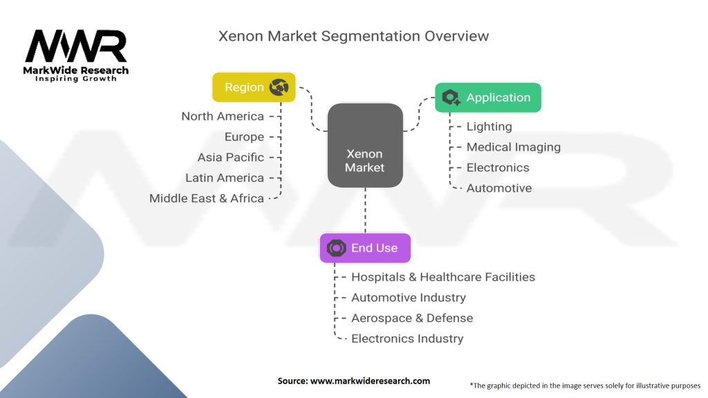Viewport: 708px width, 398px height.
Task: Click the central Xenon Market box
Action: click(x=365, y=145)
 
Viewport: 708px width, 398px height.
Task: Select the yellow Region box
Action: click(x=253, y=87)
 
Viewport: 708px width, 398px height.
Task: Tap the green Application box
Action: click(x=488, y=97)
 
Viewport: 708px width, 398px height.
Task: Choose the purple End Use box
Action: click(x=364, y=248)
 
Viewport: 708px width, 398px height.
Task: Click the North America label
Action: click(x=223, y=116)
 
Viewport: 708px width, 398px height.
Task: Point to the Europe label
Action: click(x=244, y=137)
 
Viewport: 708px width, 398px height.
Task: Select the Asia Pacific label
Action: click(x=231, y=157)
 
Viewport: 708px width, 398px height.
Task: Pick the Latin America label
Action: click(x=225, y=178)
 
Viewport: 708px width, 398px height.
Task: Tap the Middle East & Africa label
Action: click(x=207, y=198)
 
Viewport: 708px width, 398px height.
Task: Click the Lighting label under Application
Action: click(x=489, y=126)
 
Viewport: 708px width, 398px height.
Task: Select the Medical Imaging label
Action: click(x=513, y=146)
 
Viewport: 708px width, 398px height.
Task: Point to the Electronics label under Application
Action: click(x=498, y=167)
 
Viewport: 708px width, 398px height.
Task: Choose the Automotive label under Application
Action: click(x=499, y=188)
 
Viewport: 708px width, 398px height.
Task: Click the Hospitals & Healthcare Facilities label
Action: click(x=443, y=277)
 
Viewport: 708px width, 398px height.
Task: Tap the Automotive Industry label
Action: click(x=409, y=298)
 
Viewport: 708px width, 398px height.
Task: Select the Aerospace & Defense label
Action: click(x=412, y=318)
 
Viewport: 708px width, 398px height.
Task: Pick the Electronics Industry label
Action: click(x=407, y=339)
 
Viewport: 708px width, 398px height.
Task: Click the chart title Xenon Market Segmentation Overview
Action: click(x=353, y=36)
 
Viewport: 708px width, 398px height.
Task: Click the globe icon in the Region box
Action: click(x=279, y=87)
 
